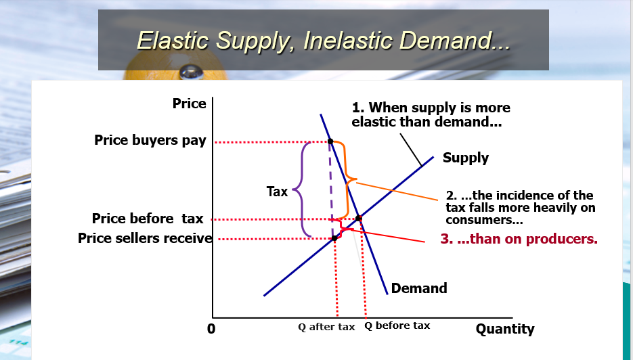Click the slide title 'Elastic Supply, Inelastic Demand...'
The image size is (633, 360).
pos(324,40)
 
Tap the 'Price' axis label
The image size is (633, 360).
pos(189,104)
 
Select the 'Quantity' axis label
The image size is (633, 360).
pos(504,329)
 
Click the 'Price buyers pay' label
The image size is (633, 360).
pos(150,141)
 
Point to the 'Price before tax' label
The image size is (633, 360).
pos(148,219)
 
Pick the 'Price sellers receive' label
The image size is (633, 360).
pos(145,238)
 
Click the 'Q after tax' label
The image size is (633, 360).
pos(326,327)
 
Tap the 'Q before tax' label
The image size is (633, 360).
pos(397,325)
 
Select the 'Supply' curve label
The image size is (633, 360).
pos(465,158)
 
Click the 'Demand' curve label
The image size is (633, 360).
pos(418,288)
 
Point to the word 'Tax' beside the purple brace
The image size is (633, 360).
pos(277,192)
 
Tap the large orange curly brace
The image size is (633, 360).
pos(348,180)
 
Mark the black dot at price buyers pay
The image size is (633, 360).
pos(330,142)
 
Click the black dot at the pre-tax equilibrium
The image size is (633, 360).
pos(359,218)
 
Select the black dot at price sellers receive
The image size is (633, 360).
pos(334,238)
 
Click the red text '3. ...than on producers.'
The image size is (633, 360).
pos(519,239)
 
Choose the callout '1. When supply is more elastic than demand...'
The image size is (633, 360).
pos(431,114)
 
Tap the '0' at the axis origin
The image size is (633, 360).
pos(211,329)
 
